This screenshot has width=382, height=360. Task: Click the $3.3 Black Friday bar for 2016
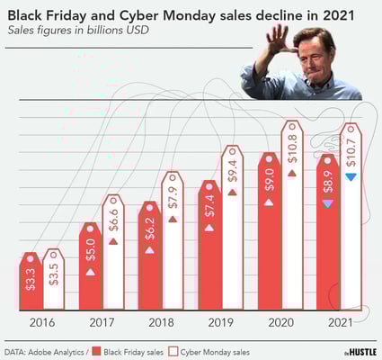point(31,283)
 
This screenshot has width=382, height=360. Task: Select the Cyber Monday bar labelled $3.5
point(54,281)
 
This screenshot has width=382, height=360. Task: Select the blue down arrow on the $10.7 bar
point(351,176)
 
